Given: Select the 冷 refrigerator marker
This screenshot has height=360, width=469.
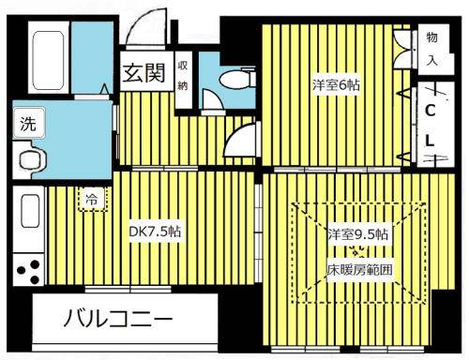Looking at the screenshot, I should (92, 198).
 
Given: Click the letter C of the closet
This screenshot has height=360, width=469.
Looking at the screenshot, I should (430, 110).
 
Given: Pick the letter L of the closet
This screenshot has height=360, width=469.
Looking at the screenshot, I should (430, 141).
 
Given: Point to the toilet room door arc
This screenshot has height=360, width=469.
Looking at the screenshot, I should (241, 142).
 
